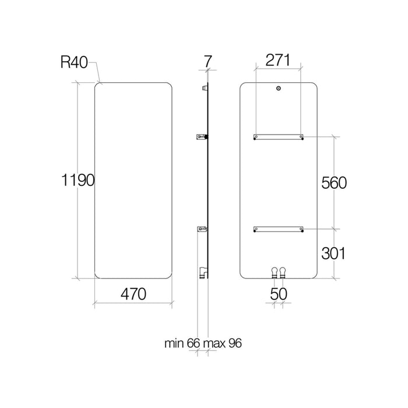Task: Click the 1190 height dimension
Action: pyautogui.click(x=78, y=181)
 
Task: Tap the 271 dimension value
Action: pyautogui.click(x=278, y=59)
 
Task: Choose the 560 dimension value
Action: pyautogui.click(x=334, y=182)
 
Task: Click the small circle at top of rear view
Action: pyautogui.click(x=278, y=89)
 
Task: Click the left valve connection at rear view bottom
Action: pyautogui.click(x=274, y=271)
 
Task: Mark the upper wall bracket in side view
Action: pyautogui.click(x=202, y=137)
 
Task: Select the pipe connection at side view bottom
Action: pyautogui.click(x=202, y=271)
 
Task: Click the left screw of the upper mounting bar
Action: pyautogui.click(x=255, y=137)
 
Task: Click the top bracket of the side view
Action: pyautogui.click(x=203, y=88)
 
